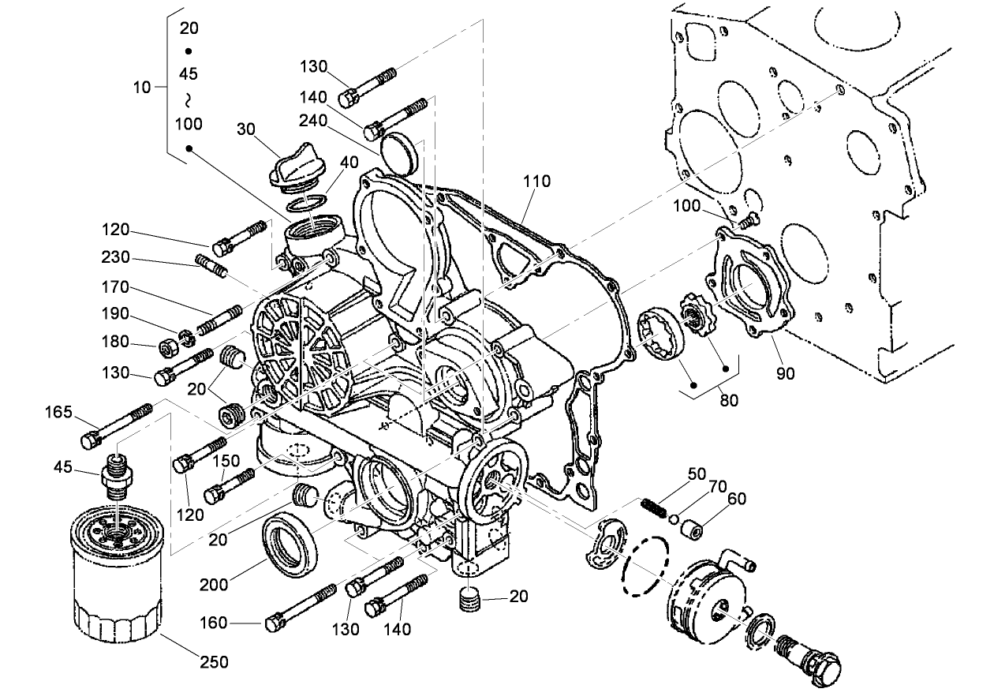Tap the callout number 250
click(215, 661)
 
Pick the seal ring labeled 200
click(292, 544)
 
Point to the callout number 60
click(736, 499)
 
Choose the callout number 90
click(786, 372)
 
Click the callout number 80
click(729, 400)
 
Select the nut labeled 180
click(167, 346)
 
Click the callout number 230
click(116, 258)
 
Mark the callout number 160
click(215, 623)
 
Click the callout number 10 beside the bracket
click(141, 88)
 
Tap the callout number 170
click(116, 287)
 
